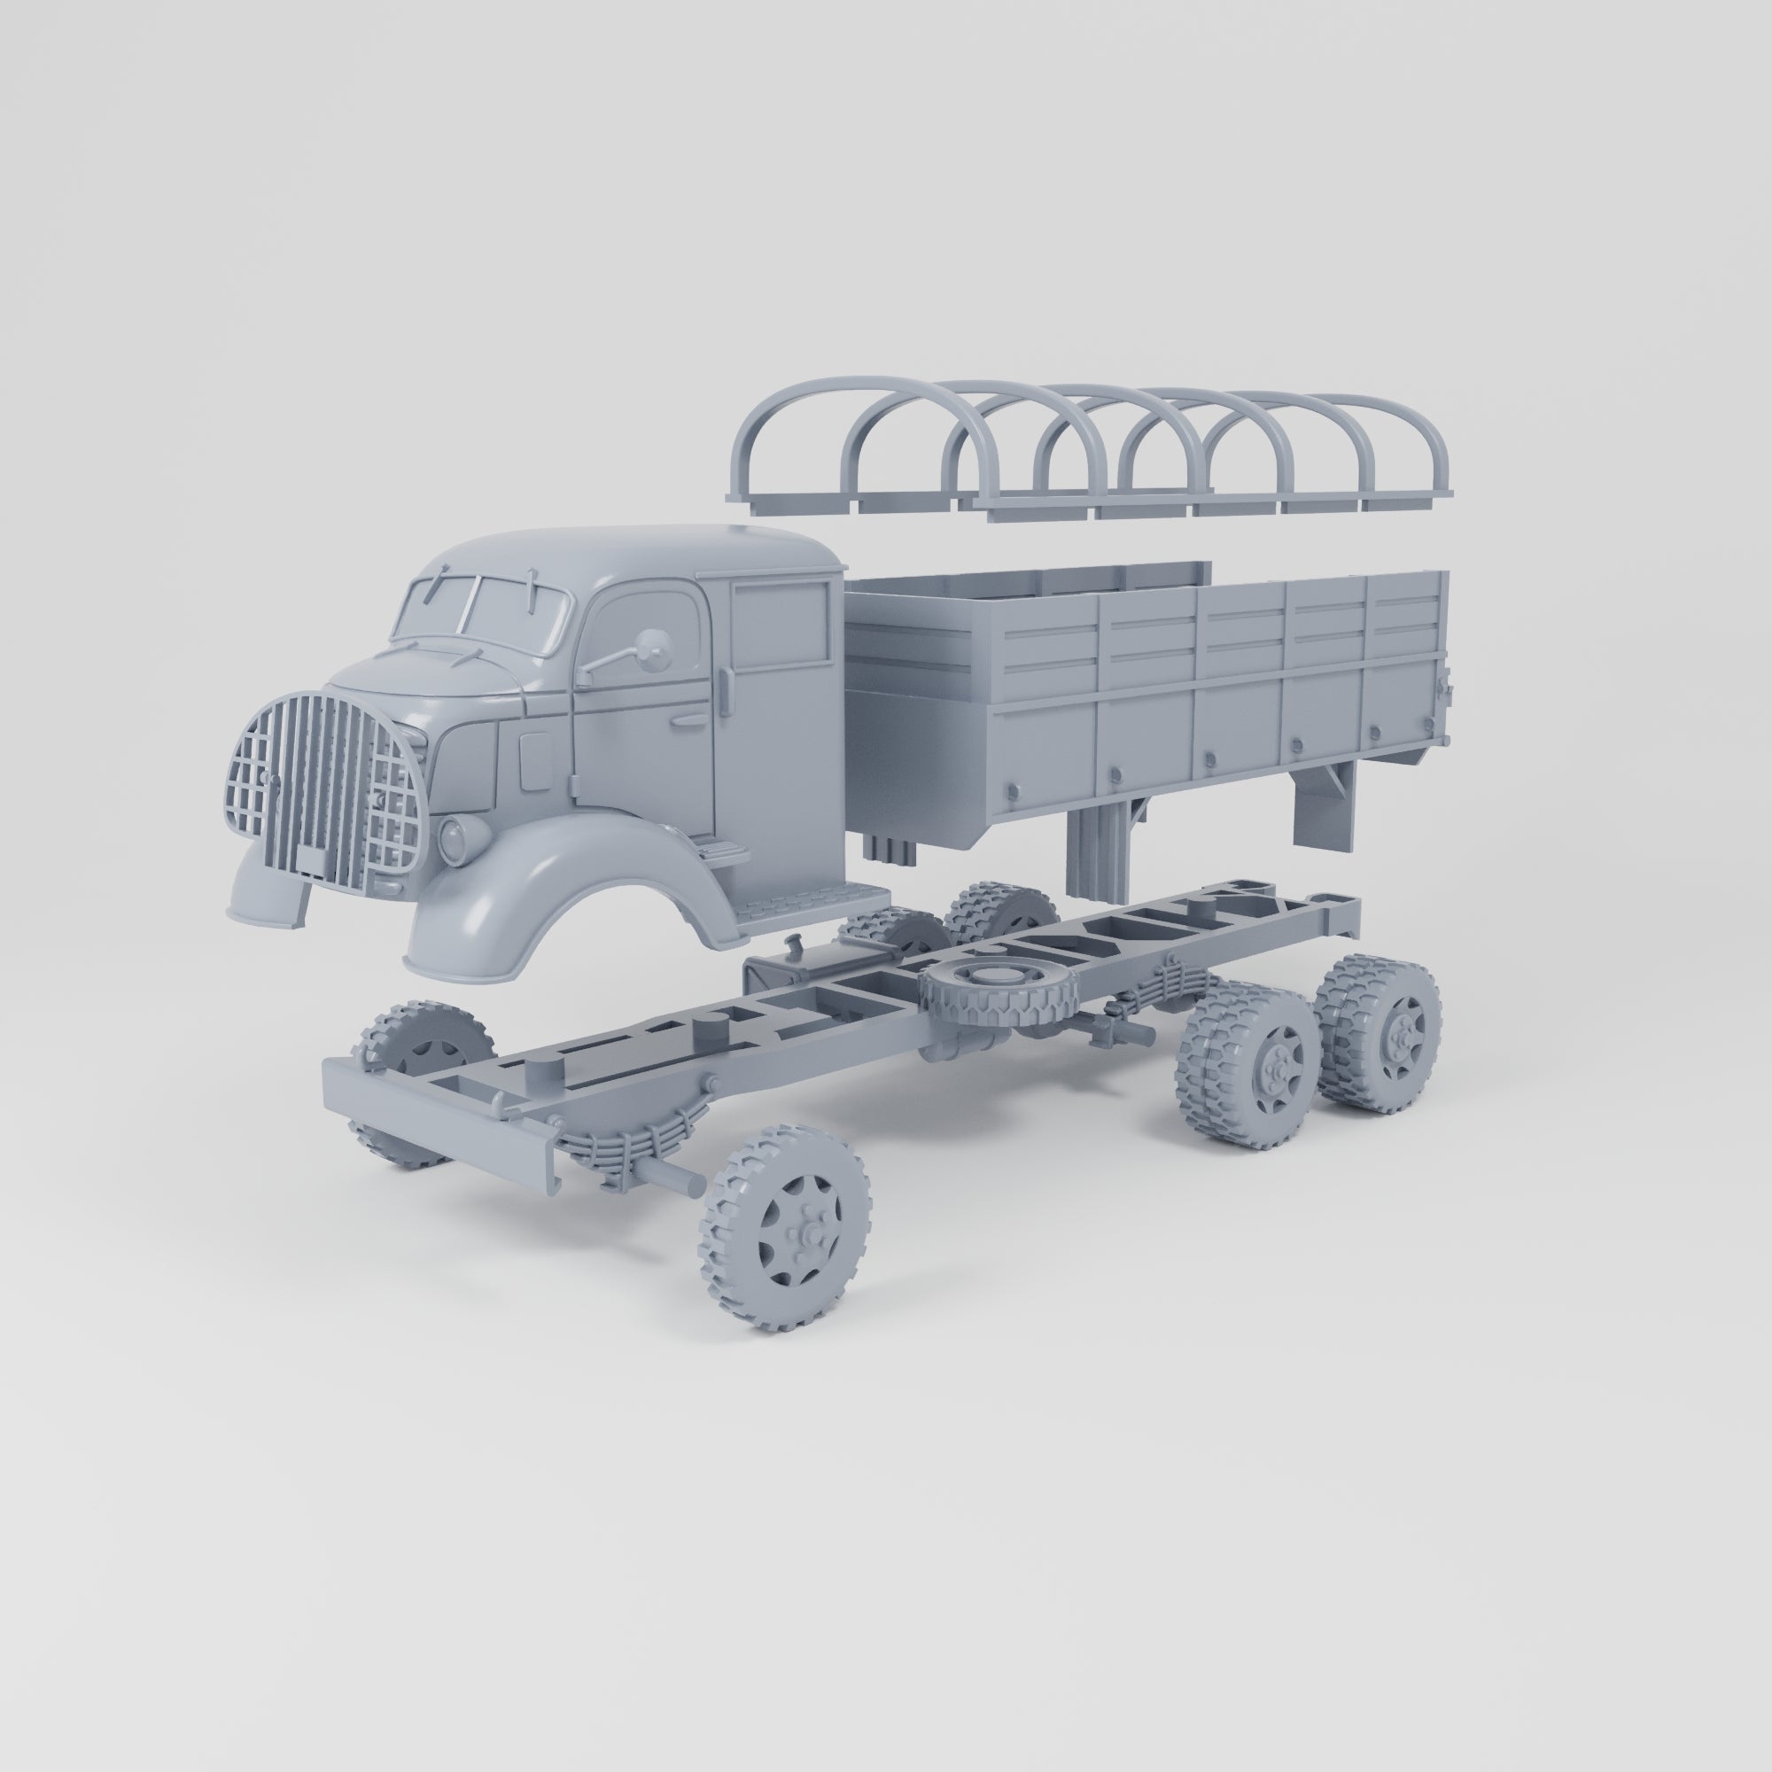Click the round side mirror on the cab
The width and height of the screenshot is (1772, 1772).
(x=653, y=644)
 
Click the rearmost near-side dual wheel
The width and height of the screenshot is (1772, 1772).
(x=1382, y=1034)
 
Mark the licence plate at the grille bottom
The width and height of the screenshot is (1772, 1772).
(x=312, y=860)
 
